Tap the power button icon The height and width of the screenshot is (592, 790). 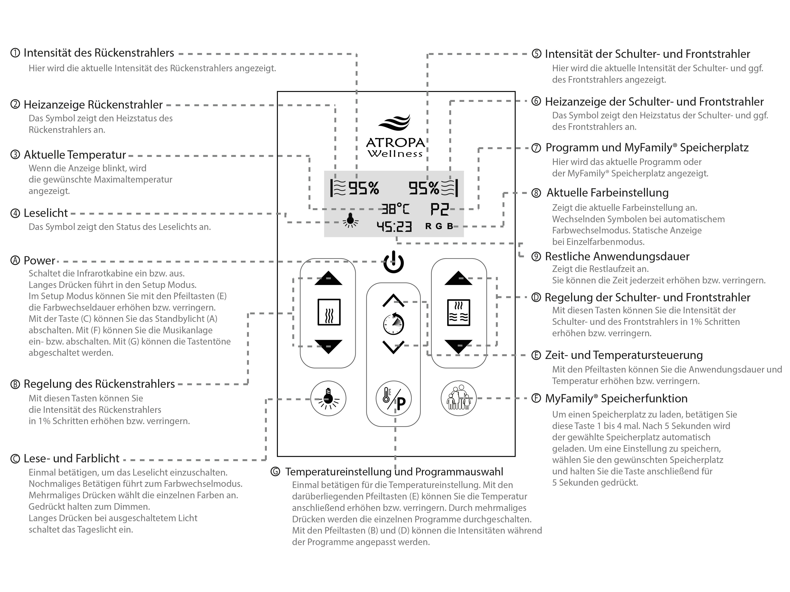(394, 262)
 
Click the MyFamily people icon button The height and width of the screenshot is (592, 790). (459, 398)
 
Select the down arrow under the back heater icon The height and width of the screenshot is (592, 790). (328, 346)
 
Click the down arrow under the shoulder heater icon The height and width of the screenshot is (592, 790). (459, 346)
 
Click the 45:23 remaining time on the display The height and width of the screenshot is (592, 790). (394, 227)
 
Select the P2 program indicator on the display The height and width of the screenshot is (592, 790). (439, 209)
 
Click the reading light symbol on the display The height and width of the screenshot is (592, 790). (350, 221)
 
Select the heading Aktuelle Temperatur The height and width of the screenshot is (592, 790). (75, 155)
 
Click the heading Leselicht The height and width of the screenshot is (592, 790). (45, 213)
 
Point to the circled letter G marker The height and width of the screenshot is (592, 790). (275, 472)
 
